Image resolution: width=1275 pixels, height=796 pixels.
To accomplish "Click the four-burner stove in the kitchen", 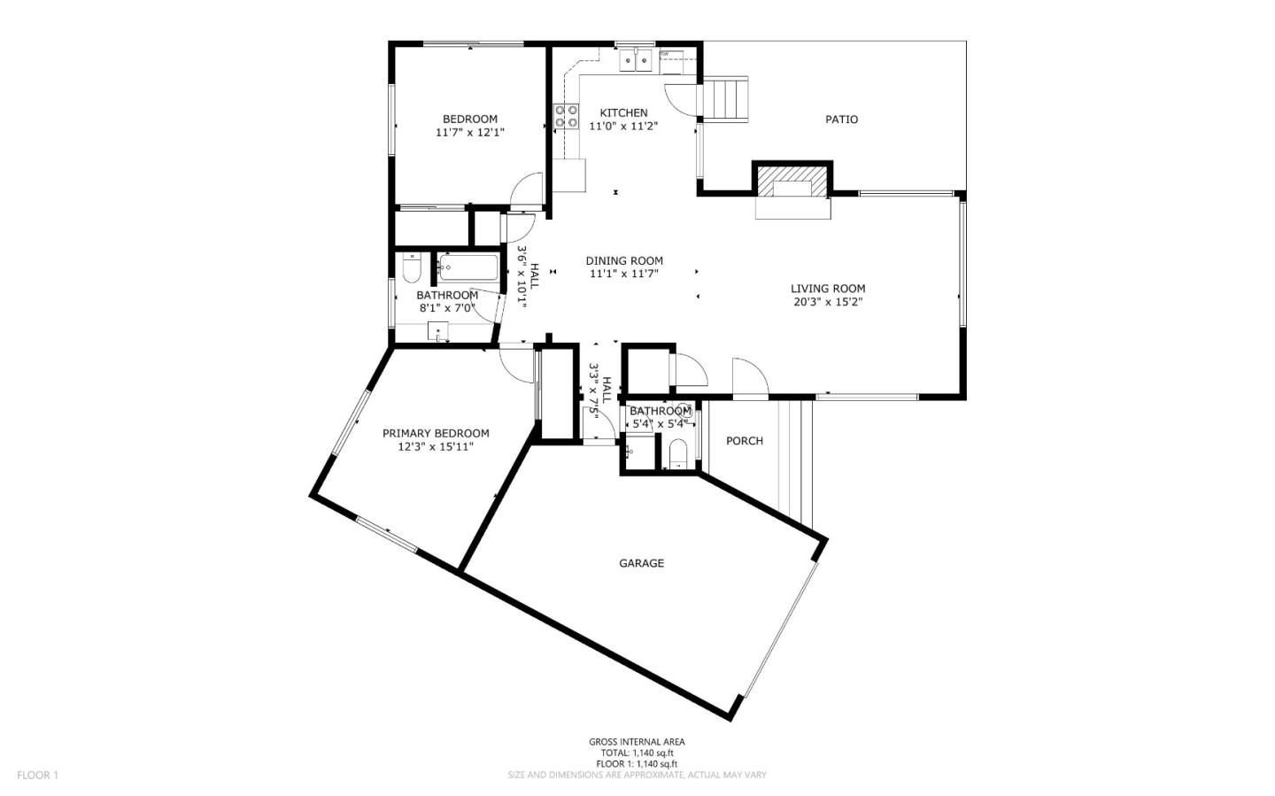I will click(x=567, y=116).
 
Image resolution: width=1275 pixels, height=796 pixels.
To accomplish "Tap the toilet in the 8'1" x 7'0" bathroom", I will click(x=411, y=267).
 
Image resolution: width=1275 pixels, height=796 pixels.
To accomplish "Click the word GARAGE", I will click(x=641, y=563).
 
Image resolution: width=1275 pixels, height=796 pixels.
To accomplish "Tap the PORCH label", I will click(x=744, y=441).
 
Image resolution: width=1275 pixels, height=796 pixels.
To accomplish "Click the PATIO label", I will click(x=841, y=120).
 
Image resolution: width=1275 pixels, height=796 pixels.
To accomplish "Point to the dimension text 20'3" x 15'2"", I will click(x=828, y=302).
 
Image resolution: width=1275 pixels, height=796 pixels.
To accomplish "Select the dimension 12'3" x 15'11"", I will click(x=436, y=447).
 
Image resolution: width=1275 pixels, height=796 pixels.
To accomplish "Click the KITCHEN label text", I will click(x=623, y=112).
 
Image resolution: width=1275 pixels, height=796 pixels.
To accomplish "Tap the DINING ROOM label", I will click(x=624, y=260).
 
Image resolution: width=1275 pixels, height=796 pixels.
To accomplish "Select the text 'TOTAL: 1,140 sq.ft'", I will click(x=637, y=753).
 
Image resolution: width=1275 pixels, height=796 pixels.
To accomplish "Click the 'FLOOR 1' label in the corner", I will click(x=37, y=776).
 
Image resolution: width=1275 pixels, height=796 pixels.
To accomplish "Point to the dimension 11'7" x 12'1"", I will click(x=469, y=133).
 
